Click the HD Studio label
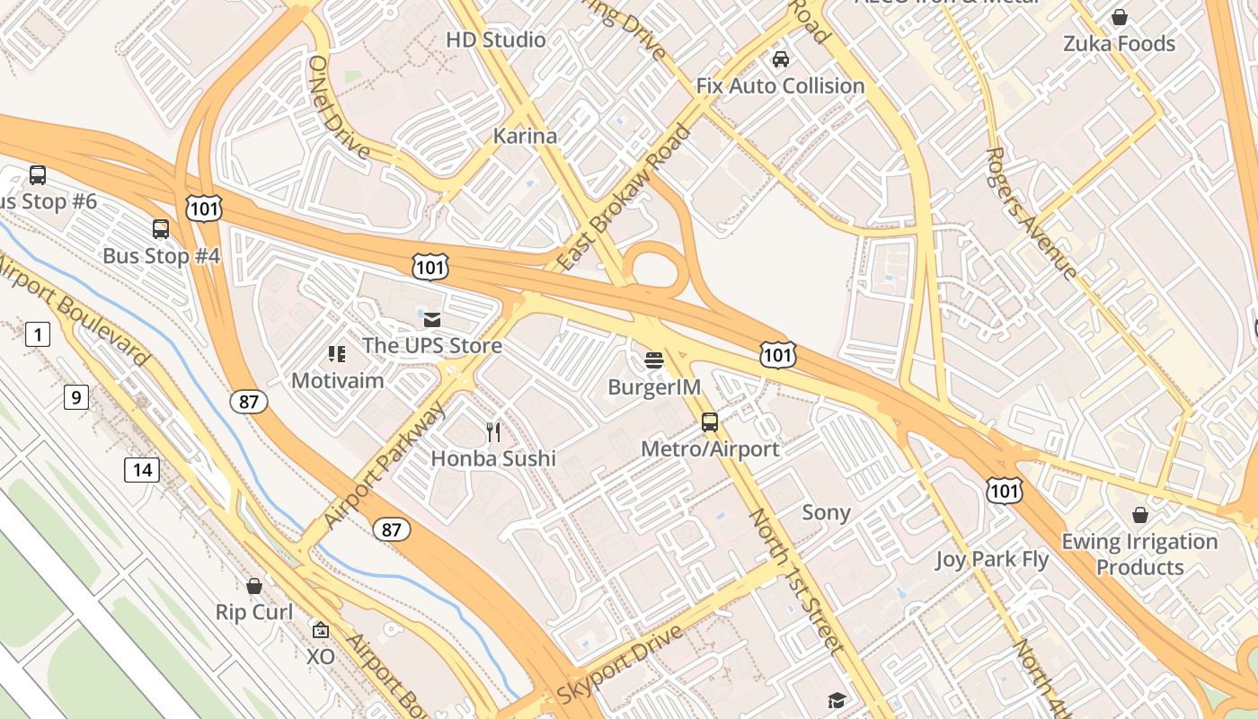(495, 40)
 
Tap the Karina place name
(525, 136)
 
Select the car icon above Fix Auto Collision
(781, 59)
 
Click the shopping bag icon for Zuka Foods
(1120, 17)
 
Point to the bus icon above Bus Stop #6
(38, 175)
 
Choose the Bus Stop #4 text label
(162, 256)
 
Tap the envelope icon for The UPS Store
(432, 319)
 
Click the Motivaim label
(338, 380)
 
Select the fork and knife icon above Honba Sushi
(493, 432)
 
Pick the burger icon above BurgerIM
(654, 361)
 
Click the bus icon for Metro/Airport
(710, 422)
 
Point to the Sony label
(826, 512)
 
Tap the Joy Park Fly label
(992, 559)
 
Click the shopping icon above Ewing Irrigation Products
(1139, 515)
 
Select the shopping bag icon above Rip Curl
(254, 586)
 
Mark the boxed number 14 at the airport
(142, 469)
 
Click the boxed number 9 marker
(76, 396)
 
